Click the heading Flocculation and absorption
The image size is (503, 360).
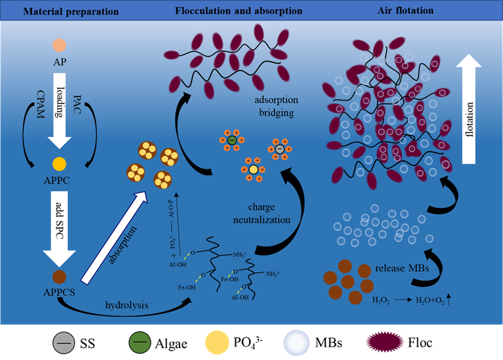[238, 11]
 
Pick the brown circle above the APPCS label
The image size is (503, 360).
[60, 274]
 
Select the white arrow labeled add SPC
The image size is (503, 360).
[60, 223]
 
